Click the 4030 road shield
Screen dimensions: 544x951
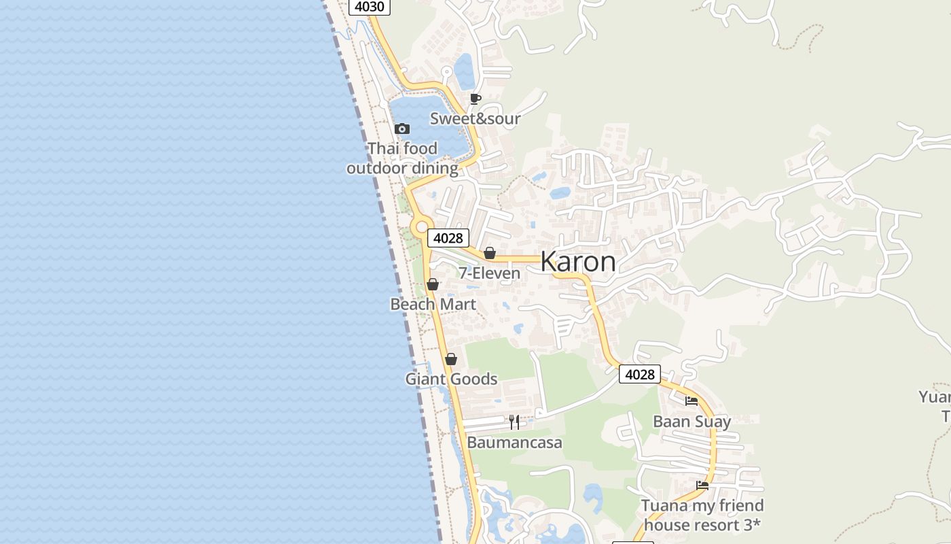coord(370,7)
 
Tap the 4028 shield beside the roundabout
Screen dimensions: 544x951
coord(448,238)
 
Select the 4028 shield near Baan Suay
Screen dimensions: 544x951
coord(640,374)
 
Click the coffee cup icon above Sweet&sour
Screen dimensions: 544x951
coord(475,99)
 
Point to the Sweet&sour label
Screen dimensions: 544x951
coord(475,119)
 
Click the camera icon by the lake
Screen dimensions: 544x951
coord(402,129)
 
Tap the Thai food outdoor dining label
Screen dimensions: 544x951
coord(402,158)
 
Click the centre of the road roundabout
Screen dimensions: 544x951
coord(422,226)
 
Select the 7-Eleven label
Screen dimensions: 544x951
coord(489,273)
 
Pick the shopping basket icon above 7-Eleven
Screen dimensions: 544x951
coord(490,254)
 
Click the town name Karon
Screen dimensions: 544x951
coord(578,262)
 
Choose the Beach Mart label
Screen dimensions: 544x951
coord(433,304)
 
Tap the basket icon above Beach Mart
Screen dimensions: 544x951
coord(433,284)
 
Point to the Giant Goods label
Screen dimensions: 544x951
coord(451,379)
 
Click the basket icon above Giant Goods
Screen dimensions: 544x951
coord(451,359)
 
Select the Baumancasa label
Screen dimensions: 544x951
coord(514,443)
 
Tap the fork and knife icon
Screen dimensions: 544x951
coord(514,422)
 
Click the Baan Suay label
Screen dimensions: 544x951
coord(692,422)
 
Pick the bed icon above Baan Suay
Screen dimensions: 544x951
coord(692,401)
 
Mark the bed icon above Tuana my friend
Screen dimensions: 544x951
coord(702,486)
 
